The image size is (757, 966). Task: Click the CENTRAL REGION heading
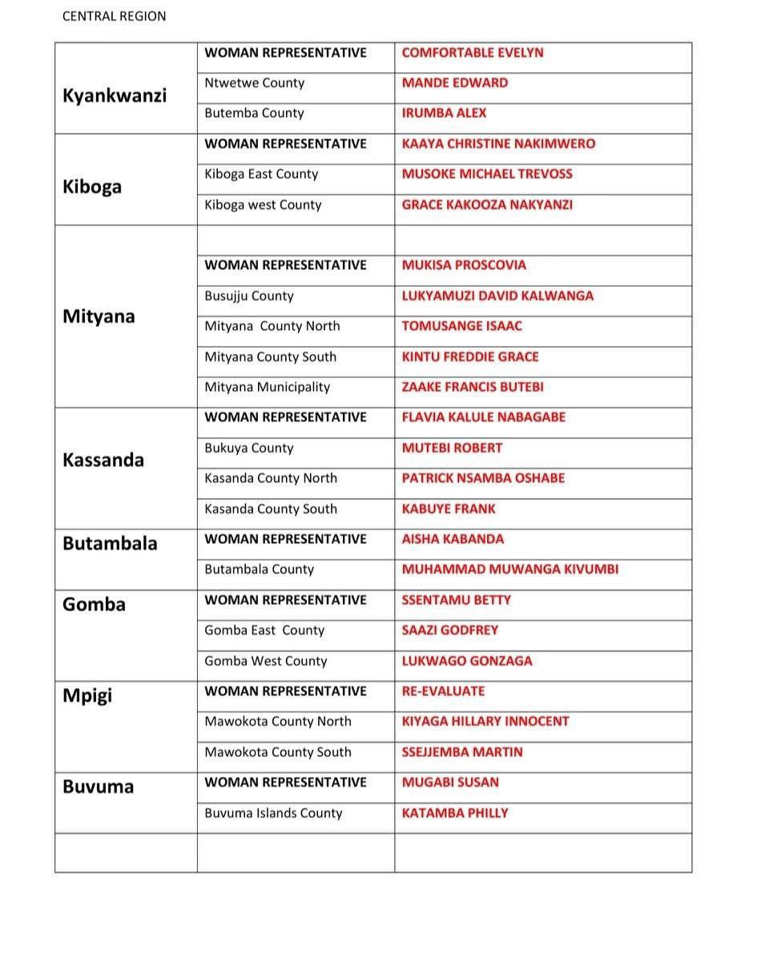pos(114,16)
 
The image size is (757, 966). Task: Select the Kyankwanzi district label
pos(115,95)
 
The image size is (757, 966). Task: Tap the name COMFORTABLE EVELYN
pos(472,53)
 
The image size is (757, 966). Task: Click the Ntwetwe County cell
pos(254,83)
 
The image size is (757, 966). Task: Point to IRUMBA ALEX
pos(444,114)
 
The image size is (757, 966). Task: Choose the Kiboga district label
pos(92,187)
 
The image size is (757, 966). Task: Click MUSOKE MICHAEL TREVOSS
pos(487,175)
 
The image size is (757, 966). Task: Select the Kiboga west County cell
pos(263,205)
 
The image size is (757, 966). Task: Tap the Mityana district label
pos(99,316)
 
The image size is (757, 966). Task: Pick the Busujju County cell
pos(249,296)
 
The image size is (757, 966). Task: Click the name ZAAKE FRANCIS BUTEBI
pos(473,388)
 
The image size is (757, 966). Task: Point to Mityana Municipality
pos(267,388)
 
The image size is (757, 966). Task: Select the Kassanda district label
pos(103,460)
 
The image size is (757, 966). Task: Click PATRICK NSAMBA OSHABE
pos(483,479)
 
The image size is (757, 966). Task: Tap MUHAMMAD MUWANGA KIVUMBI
pos(509,570)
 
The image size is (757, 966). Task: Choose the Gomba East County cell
pos(264,631)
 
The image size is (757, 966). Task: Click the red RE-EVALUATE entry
pos(443,691)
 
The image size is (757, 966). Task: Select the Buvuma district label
pos(98,787)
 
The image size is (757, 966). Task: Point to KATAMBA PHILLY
pos(455,814)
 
